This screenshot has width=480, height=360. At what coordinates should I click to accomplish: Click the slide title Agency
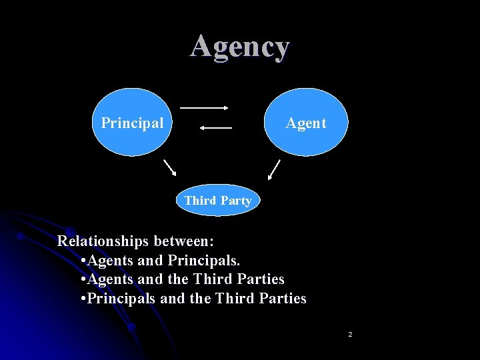240,47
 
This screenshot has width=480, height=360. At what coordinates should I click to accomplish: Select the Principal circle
132,123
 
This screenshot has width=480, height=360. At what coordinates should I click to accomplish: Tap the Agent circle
306,123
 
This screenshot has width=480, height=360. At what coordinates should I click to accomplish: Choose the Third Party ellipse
217,200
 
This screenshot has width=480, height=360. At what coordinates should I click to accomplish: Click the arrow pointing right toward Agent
205,107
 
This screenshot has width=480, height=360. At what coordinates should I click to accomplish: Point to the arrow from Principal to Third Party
169,167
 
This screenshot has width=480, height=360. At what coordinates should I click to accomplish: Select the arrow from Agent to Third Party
273,170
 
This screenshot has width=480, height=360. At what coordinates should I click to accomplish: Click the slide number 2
350,333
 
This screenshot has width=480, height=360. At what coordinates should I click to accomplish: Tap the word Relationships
103,241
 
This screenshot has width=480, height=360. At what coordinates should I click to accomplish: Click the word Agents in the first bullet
110,260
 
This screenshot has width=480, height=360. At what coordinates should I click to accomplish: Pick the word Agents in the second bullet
110,279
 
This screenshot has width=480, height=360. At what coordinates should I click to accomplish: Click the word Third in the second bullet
212,279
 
